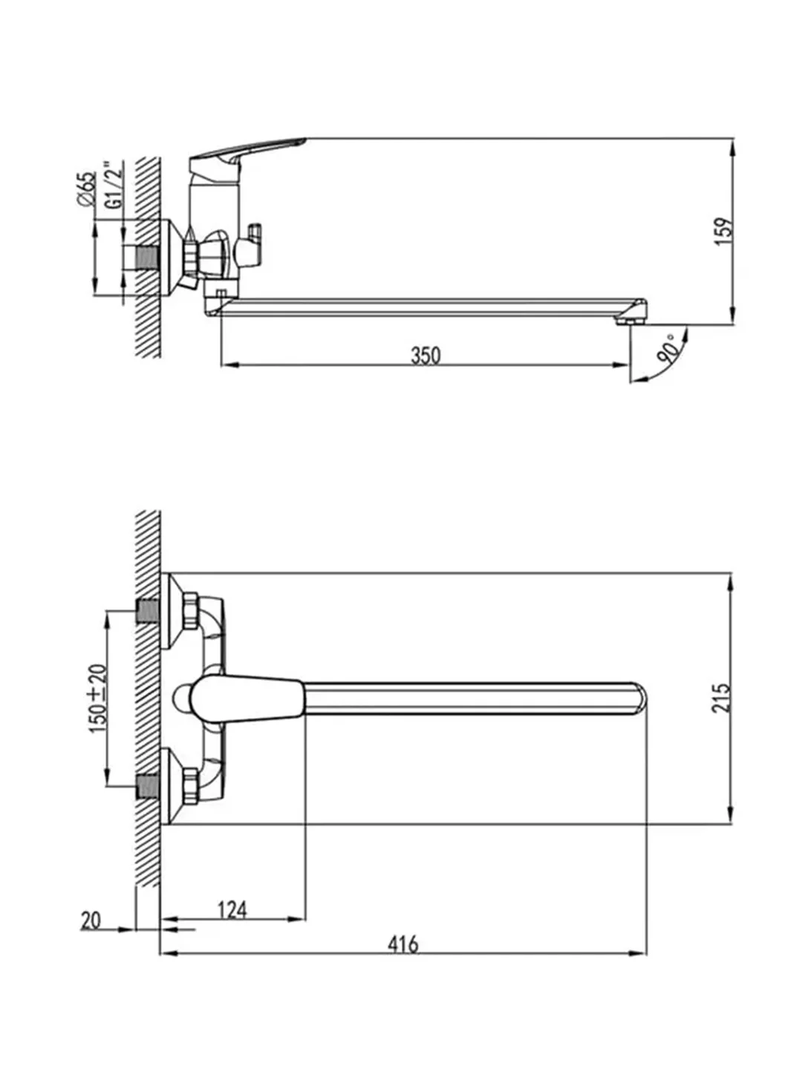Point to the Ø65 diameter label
point(87,189)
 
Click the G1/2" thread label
point(113,185)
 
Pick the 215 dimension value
point(721,698)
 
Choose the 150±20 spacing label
point(97,698)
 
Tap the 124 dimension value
point(232,909)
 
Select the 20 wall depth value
point(91,921)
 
